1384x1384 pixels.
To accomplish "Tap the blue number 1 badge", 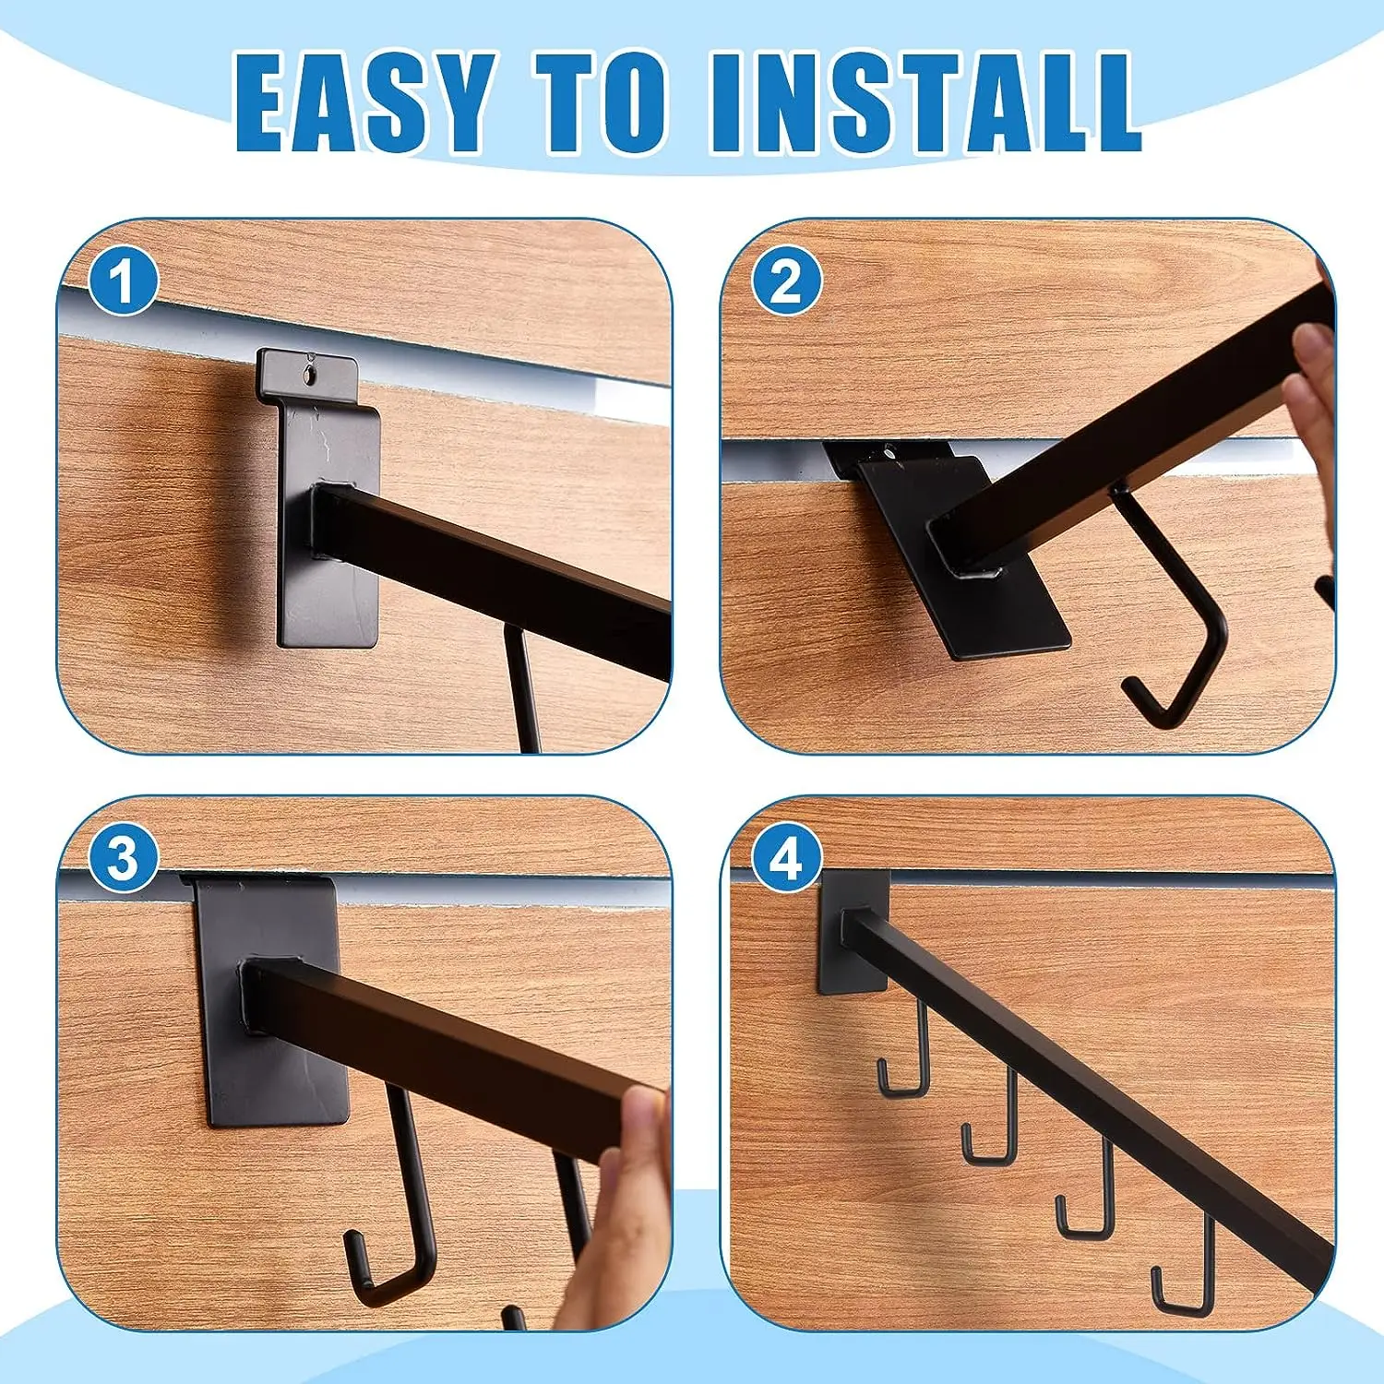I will click(123, 282).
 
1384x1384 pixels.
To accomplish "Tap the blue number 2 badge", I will click(785, 281).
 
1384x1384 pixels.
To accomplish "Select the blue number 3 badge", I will click(123, 859).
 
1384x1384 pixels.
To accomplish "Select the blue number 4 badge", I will click(785, 859).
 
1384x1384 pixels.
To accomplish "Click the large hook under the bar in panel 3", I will click(397, 1227).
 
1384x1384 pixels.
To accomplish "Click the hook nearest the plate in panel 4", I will click(909, 1061).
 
